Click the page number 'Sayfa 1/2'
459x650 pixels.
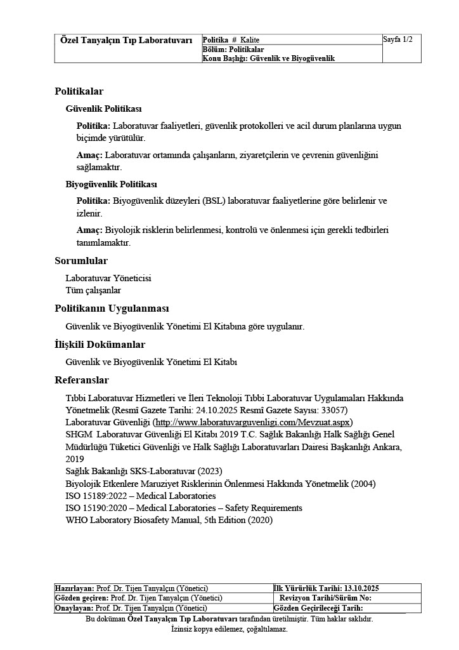tap(398, 40)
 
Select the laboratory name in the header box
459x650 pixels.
tap(126, 40)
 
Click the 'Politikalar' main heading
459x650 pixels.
tap(79, 91)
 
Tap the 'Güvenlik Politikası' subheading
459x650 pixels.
tap(103, 109)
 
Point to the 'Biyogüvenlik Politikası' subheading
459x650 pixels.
tap(111, 185)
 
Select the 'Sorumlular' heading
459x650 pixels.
tap(81, 261)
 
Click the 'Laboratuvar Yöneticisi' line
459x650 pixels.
tap(108, 278)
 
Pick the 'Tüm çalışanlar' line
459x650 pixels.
tap(93, 290)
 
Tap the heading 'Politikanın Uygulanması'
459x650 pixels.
tap(112, 308)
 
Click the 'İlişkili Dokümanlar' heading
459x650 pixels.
tap(100, 345)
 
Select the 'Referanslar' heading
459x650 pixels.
tap(82, 380)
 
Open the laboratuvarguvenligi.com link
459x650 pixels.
tap(253, 422)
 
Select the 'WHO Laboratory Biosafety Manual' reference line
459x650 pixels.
tap(169, 520)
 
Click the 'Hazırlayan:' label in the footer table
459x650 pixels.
tap(75, 588)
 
